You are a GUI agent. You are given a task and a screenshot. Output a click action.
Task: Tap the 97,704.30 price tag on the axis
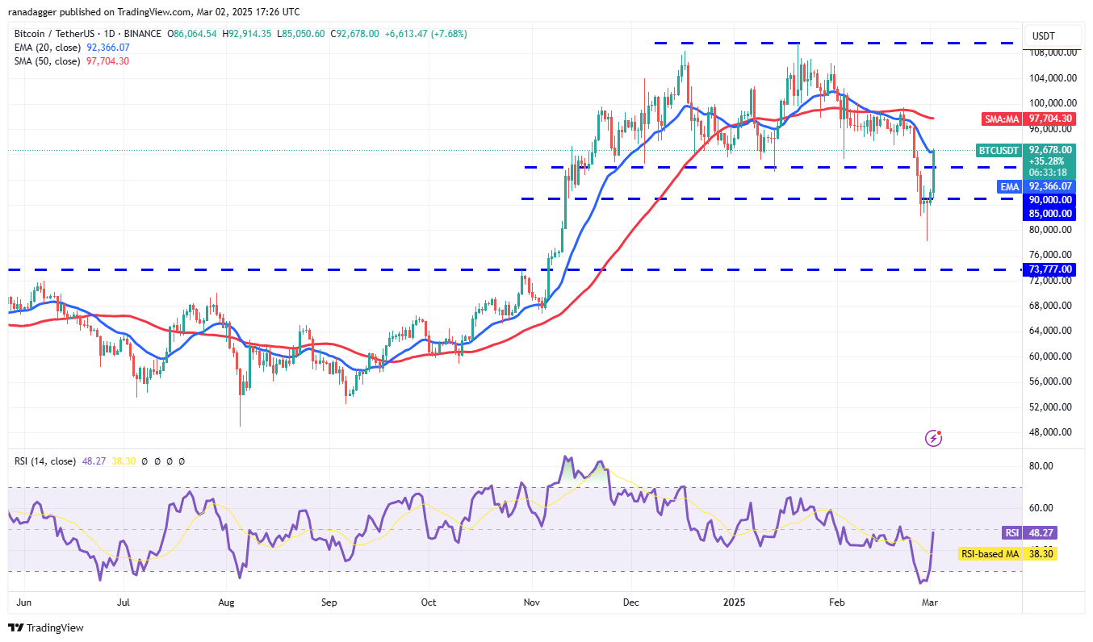click(x=1050, y=119)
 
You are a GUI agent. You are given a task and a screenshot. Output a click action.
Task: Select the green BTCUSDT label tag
click(x=998, y=150)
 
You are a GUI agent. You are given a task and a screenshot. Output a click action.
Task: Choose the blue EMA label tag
click(x=1009, y=186)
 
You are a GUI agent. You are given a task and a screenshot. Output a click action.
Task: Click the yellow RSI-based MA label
click(x=990, y=554)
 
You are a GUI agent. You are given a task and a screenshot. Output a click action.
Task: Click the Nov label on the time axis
click(x=531, y=602)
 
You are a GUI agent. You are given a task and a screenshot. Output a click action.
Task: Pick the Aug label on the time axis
click(x=227, y=602)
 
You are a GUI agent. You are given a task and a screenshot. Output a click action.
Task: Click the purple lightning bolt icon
click(x=933, y=438)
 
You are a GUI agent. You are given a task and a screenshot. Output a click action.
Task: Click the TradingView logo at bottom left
click(x=47, y=627)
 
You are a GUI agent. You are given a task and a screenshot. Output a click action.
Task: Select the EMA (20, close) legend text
click(x=47, y=48)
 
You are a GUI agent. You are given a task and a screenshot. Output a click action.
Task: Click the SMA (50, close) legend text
click(x=47, y=61)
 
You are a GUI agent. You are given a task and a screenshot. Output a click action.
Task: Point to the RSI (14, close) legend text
click(x=45, y=461)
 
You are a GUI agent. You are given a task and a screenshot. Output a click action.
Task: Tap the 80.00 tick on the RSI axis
click(x=1042, y=466)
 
